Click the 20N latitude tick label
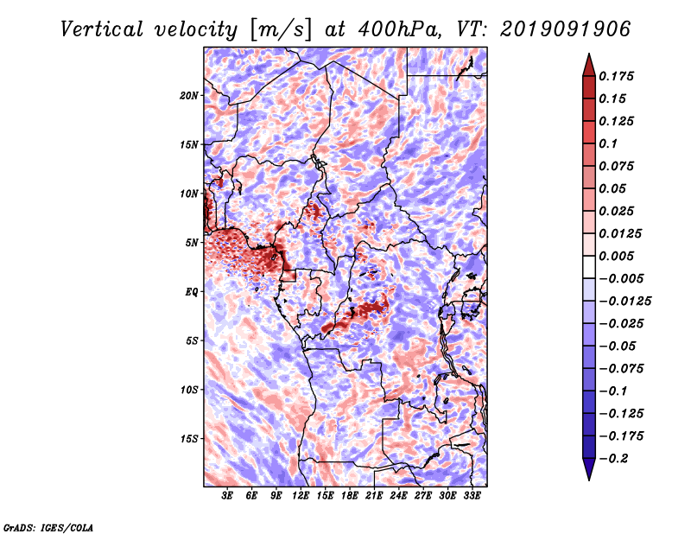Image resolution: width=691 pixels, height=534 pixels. (x=189, y=96)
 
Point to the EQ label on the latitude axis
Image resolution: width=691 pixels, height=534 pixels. (x=192, y=292)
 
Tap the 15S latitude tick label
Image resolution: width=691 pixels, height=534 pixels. (x=189, y=439)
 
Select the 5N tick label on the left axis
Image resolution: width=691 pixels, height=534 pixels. (x=192, y=243)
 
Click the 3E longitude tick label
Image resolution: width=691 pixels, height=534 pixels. (x=227, y=496)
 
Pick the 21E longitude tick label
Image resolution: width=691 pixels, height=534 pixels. (x=374, y=496)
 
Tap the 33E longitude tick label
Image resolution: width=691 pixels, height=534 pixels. (x=472, y=496)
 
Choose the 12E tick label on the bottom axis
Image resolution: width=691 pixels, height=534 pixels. (x=301, y=496)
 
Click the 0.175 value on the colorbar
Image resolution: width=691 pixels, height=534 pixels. (x=616, y=76)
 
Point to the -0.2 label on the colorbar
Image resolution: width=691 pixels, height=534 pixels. (x=613, y=459)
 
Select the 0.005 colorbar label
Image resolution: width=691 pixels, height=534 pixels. (x=616, y=256)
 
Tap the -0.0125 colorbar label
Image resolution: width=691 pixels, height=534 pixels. (x=624, y=302)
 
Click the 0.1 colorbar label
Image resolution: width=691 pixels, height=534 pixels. (x=608, y=143)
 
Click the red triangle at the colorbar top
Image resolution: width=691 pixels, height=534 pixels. (x=589, y=65)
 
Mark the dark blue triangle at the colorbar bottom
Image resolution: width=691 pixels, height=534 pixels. (x=589, y=469)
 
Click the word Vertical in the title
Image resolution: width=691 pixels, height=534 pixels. (x=101, y=29)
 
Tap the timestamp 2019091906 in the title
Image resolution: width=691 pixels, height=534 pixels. (x=566, y=29)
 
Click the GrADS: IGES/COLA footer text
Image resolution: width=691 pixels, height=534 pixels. (x=48, y=527)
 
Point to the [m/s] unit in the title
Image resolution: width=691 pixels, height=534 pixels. (x=281, y=30)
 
